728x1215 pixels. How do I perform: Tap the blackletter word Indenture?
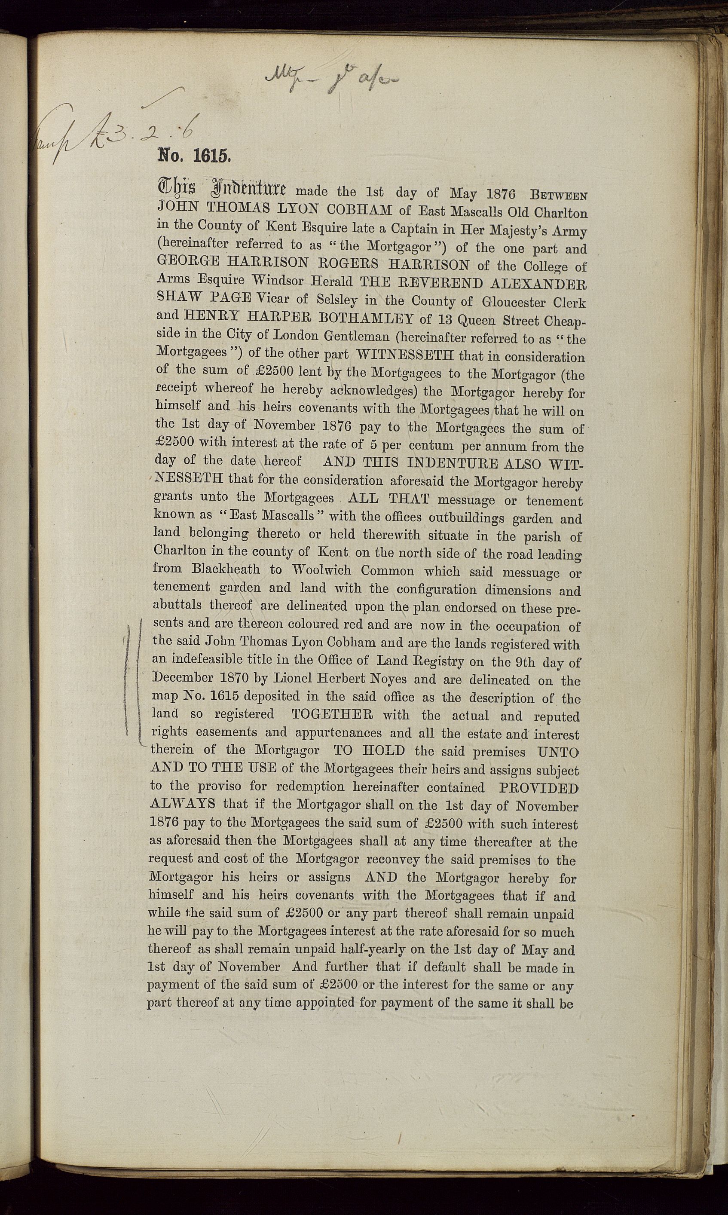251,188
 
